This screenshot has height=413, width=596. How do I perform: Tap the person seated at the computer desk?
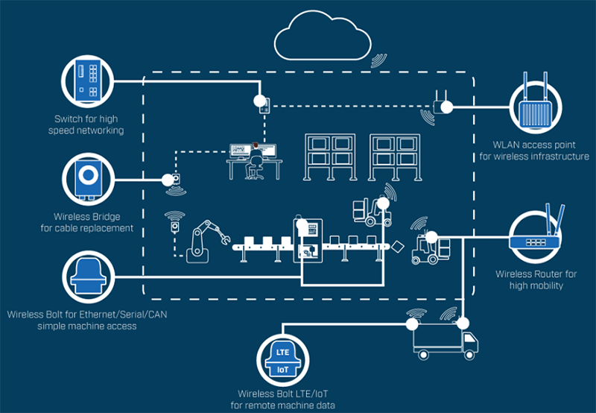click(x=256, y=160)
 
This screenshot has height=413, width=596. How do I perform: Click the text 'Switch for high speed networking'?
click(x=88, y=124)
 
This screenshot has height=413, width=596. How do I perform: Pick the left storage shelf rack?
click(x=329, y=157)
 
